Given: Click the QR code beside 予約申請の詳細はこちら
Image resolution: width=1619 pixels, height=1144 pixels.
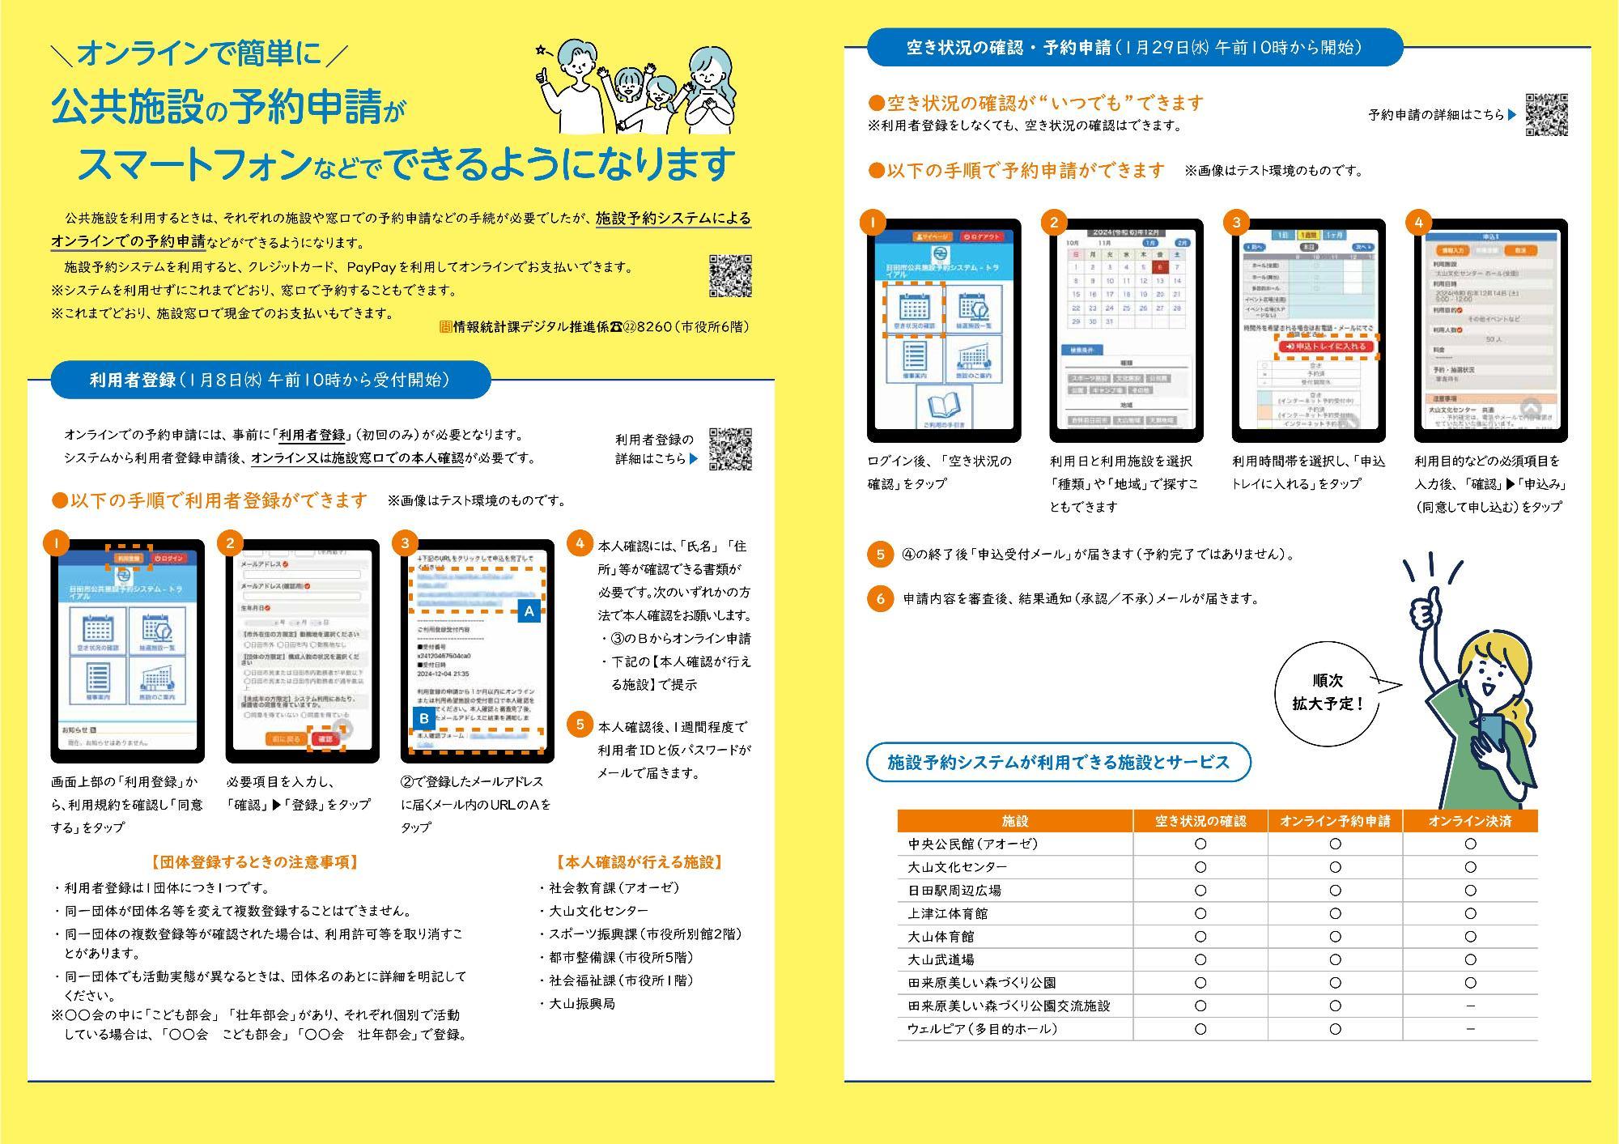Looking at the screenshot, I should pos(1546,115).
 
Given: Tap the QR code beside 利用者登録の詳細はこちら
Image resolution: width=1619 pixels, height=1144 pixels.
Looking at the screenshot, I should pos(730,449).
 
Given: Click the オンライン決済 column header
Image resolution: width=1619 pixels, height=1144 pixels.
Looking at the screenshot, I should pos(1470,821).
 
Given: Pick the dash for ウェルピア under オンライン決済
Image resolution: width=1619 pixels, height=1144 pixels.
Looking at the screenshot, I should pos(1470,1029).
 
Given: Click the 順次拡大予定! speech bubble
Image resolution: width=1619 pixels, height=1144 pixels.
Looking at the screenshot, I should pos(1328,693).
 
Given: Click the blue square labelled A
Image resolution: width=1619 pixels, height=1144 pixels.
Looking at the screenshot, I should pos(529,611).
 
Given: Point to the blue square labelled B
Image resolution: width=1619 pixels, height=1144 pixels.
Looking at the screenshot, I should pos(424,718).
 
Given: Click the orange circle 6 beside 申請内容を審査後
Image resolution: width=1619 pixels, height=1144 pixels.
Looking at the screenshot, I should pos(880,599).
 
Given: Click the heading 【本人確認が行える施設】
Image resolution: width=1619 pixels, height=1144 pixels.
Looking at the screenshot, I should pos(640,862).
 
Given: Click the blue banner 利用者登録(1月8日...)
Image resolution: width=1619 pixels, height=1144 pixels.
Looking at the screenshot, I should pos(270,380).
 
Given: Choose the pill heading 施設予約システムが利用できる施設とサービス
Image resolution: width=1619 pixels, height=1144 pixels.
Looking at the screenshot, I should pos(1058,763).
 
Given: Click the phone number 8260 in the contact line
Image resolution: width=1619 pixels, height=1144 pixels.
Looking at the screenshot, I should pos(655,326).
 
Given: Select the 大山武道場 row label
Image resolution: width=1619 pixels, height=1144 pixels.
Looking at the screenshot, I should pos(941,959).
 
